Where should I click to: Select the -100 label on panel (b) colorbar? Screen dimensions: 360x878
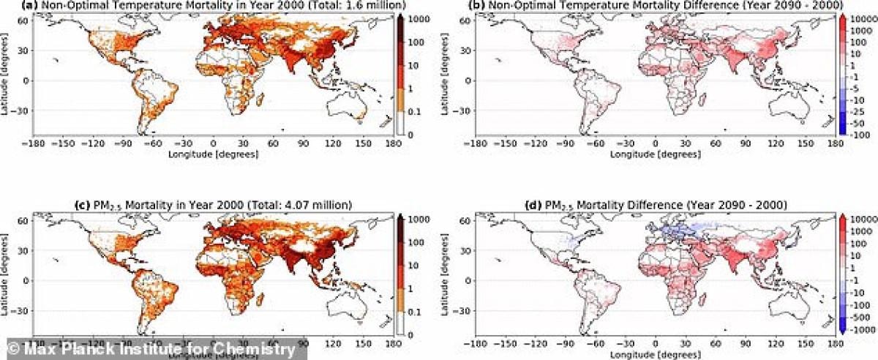click(x=860, y=135)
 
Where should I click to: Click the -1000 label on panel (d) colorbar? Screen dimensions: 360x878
click(x=862, y=331)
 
